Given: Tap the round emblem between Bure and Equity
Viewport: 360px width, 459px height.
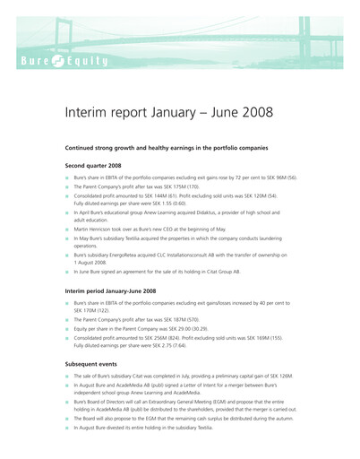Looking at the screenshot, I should (60, 62).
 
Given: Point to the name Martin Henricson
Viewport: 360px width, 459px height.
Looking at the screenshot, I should (99, 230).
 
